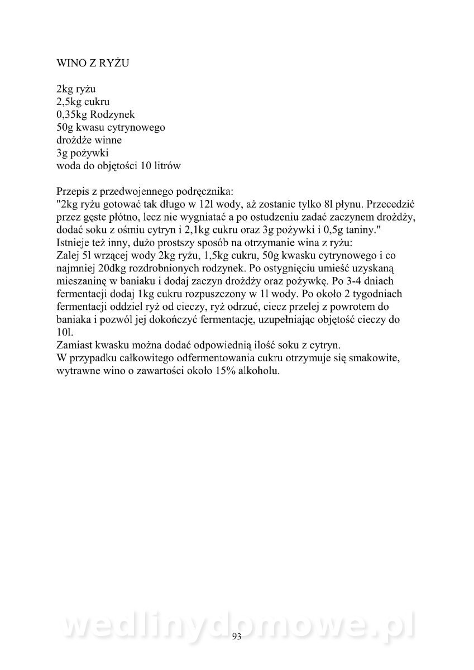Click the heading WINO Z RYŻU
pos(93,64)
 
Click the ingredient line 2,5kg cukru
pos(83,102)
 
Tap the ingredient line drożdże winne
pos(89,140)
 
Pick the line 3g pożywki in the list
pos(78,153)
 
